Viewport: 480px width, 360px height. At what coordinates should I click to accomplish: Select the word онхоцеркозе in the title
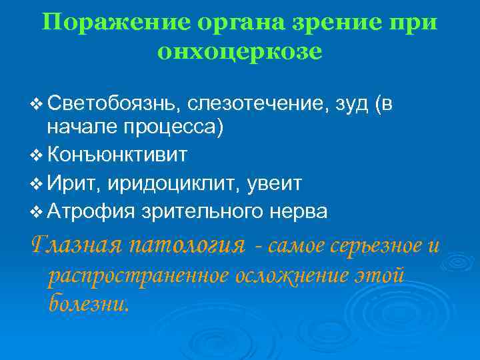tap(240, 52)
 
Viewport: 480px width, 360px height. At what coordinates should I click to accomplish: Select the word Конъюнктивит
tap(117, 155)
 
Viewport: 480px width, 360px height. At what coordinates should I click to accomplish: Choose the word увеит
tap(274, 183)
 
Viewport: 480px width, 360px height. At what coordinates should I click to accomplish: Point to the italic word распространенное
tap(138, 275)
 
